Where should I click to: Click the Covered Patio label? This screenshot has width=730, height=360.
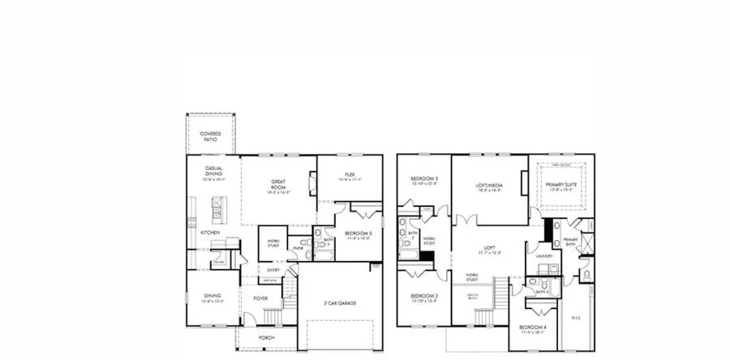[x=212, y=135]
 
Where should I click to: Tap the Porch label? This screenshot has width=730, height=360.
[x=266, y=337]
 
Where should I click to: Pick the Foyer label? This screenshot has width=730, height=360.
[x=260, y=298]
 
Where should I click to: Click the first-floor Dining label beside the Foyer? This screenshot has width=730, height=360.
[x=212, y=298]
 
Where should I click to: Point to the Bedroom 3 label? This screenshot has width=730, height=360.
[x=424, y=180]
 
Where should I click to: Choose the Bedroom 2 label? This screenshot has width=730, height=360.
[x=424, y=298]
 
